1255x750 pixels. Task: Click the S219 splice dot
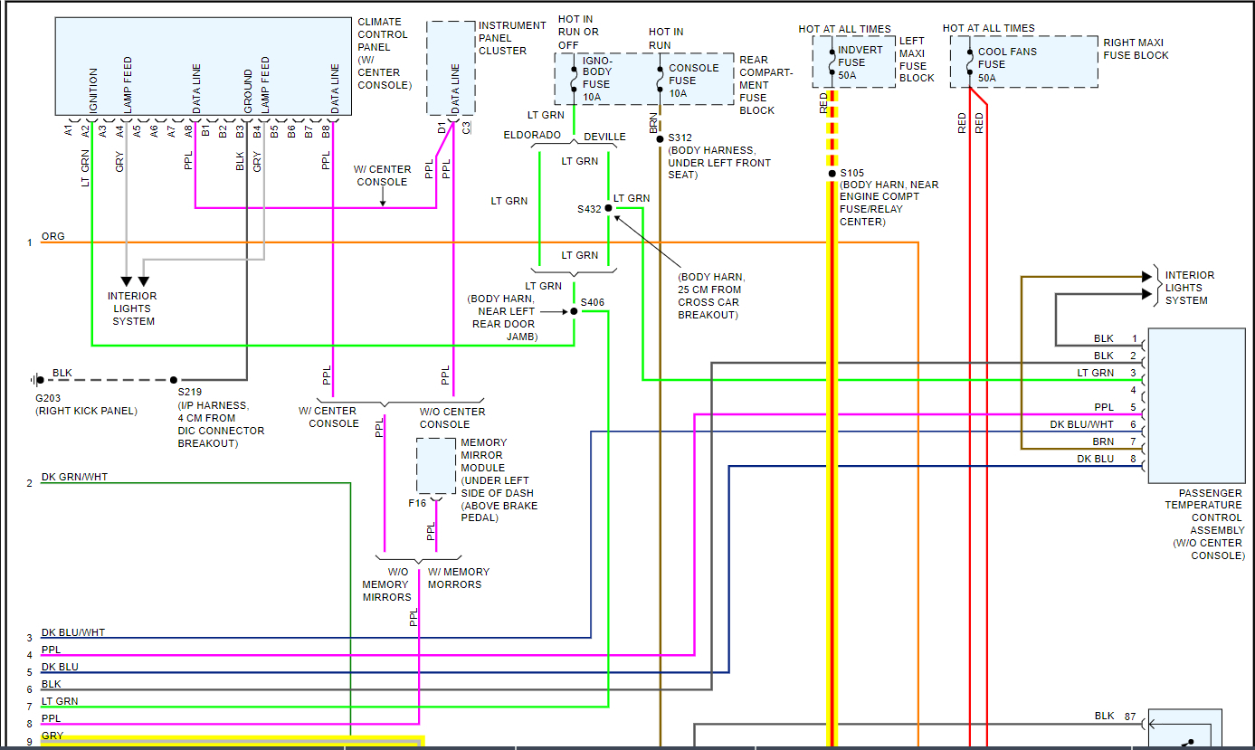(175, 380)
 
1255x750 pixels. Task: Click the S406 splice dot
(575, 311)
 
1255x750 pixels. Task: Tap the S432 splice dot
(608, 208)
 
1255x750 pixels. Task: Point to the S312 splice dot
(661, 138)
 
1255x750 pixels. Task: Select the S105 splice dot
(832, 173)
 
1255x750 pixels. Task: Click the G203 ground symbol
(37, 380)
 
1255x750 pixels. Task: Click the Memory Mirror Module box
(435, 467)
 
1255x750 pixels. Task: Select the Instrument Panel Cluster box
(450, 68)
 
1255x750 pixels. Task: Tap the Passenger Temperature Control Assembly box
(1196, 405)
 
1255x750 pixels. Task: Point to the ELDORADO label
(532, 136)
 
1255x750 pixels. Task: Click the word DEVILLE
(604, 137)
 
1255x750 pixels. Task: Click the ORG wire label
(52, 236)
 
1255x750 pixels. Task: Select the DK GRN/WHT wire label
(74, 477)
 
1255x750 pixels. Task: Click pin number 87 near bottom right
(1130, 716)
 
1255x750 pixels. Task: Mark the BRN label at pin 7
(1102, 441)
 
